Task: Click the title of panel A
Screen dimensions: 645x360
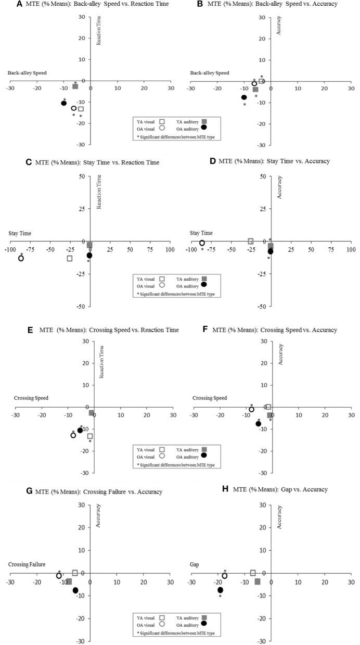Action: (94, 4)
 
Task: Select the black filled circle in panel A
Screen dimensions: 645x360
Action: (64, 103)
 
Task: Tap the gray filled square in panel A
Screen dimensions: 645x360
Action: (75, 86)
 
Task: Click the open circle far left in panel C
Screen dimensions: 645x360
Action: (21, 258)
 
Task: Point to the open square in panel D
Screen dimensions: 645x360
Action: (251, 242)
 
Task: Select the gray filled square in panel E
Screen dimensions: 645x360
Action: (92, 413)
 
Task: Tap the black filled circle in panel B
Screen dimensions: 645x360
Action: (244, 97)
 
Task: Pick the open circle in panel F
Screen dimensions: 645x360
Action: (251, 410)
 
